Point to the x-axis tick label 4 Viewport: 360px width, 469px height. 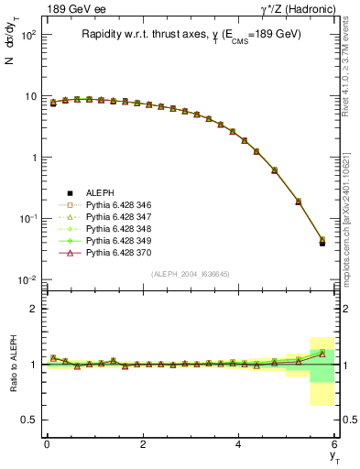[x=239, y=444]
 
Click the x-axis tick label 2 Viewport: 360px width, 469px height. [x=143, y=444]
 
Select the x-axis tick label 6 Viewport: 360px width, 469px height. [x=335, y=444]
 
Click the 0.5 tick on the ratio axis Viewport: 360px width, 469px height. [x=31, y=420]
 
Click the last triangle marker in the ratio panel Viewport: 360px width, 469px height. [x=322, y=353]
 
